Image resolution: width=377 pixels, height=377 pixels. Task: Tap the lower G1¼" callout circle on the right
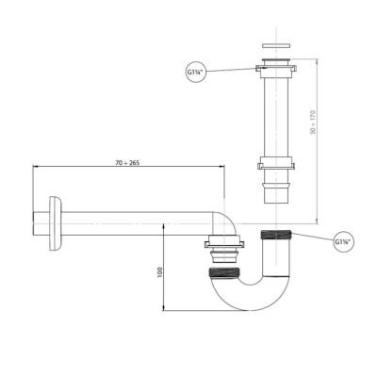point(343,242)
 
